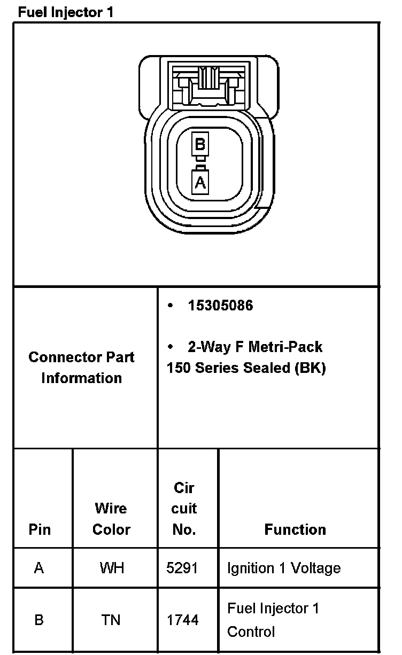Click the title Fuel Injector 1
coord(66,12)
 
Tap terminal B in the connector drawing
coord(200,144)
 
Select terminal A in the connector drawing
coord(200,182)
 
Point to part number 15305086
coord(220,306)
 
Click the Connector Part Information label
coord(82,368)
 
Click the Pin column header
coord(40,529)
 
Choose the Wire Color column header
coord(112,519)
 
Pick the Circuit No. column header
coord(184,509)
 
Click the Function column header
coord(295,529)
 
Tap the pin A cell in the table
coord(39,568)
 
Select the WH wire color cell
coord(112,568)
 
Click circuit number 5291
coord(182,568)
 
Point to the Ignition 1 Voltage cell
coord(284,568)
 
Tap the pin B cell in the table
coord(39,620)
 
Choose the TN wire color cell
coord(111,620)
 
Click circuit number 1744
coord(182,620)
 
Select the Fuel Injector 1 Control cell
coord(273,620)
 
